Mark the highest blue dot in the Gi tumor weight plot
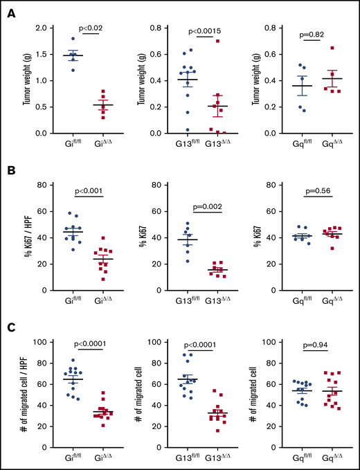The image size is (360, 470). [72, 39]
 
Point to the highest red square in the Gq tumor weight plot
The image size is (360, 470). [332, 48]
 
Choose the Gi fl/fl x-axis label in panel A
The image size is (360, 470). [72, 147]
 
